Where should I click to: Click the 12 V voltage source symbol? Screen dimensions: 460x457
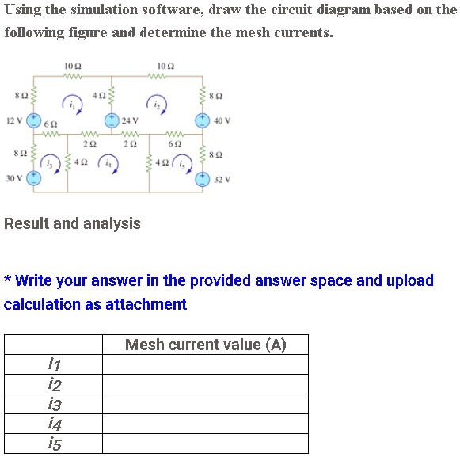coord(33,121)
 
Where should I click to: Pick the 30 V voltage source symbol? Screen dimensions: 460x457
coord(33,178)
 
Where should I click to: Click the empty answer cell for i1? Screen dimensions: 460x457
coord(205,364)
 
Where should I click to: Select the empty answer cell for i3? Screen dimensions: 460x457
coord(205,404)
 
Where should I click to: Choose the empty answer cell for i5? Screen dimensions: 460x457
coord(205,444)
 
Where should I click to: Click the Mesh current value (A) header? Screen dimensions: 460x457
coord(205,345)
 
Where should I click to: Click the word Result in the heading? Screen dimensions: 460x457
coord(25,223)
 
